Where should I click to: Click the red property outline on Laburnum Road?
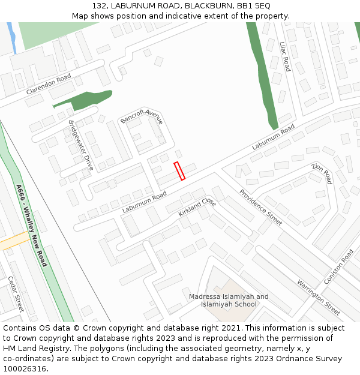[x=179, y=171]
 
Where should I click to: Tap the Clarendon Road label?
[x=49, y=85]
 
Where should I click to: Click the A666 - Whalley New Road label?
[x=31, y=225]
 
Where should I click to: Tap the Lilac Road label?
[x=285, y=56]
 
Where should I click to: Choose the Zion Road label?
[x=322, y=173]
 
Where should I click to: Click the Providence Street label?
[x=260, y=207]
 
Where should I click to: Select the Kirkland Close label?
[x=197, y=207]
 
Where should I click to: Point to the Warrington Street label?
[x=319, y=297]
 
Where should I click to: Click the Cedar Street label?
[x=16, y=293]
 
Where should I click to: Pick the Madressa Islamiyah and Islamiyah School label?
[x=229, y=300]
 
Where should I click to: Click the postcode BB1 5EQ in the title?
[x=254, y=5]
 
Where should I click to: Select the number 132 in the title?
[x=100, y=5]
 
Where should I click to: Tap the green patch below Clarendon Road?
[x=85, y=98]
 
